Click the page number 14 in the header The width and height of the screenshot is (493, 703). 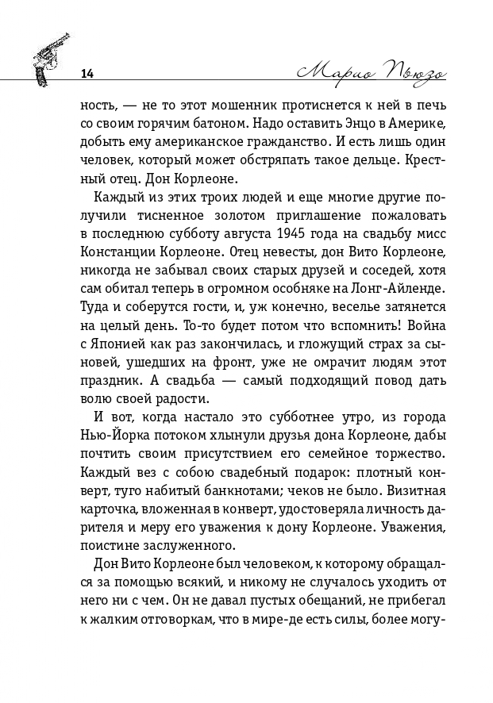[x=87, y=74]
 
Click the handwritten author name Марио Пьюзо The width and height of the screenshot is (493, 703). [x=368, y=72]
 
